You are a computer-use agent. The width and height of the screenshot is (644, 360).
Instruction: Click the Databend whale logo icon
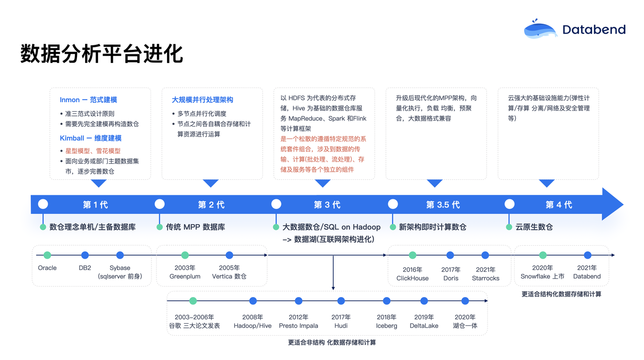pyautogui.click(x=540, y=29)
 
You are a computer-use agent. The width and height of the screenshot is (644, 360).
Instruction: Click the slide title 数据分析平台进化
pyautogui.click(x=101, y=54)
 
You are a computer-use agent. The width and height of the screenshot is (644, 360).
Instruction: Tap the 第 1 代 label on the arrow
pyautogui.click(x=95, y=204)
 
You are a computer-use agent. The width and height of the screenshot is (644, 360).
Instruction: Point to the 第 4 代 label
pyautogui.click(x=558, y=204)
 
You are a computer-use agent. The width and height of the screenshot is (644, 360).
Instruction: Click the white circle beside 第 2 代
pyautogui.click(x=159, y=204)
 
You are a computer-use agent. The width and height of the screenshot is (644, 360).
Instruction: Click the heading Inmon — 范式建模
pyautogui.click(x=88, y=100)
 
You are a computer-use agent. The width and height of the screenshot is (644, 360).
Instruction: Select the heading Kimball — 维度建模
pyautogui.click(x=91, y=138)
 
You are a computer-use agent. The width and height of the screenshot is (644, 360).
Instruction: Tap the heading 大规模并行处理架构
pyautogui.click(x=202, y=100)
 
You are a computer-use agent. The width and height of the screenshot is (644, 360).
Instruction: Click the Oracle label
pyautogui.click(x=47, y=268)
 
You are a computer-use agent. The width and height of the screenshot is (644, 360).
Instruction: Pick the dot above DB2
pyautogui.click(x=85, y=255)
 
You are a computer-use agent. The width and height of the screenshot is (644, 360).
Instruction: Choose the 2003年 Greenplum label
pyautogui.click(x=185, y=272)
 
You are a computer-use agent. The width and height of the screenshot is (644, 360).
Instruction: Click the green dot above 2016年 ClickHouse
pyautogui.click(x=413, y=255)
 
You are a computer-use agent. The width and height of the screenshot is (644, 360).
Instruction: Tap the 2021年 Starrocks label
pyautogui.click(x=486, y=274)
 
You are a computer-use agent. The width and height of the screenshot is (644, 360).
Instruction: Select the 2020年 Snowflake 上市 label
pyautogui.click(x=542, y=272)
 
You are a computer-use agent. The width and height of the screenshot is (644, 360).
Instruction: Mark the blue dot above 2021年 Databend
pyautogui.click(x=588, y=255)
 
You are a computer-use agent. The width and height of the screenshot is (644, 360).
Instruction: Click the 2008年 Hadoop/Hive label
pyautogui.click(x=253, y=321)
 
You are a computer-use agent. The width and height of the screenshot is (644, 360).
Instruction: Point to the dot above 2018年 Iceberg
pyautogui.click(x=386, y=301)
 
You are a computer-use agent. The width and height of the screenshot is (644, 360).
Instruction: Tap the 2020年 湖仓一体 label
pyautogui.click(x=465, y=321)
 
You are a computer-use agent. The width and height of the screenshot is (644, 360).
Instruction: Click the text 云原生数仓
pyautogui.click(x=534, y=227)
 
